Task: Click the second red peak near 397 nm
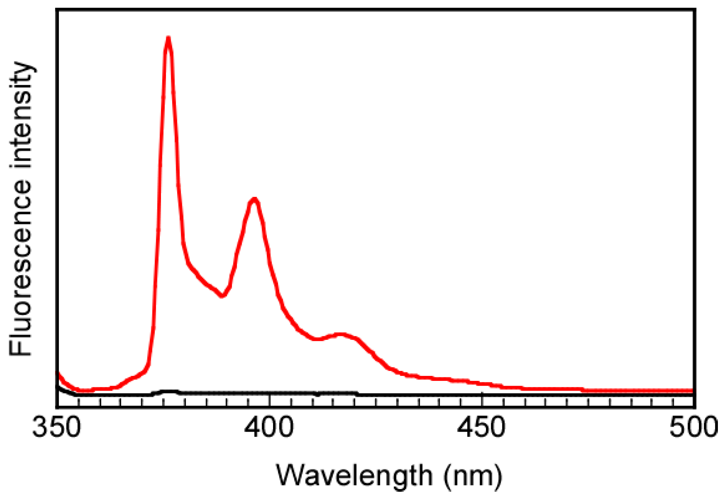click(x=254, y=200)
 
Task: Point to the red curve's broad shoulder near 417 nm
click(x=341, y=334)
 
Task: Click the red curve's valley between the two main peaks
click(x=222, y=296)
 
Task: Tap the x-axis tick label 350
click(x=57, y=427)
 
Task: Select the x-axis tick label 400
click(x=270, y=427)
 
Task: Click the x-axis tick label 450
click(x=481, y=427)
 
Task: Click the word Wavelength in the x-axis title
click(x=354, y=475)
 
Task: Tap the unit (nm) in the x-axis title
click(x=473, y=475)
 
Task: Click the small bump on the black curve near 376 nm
click(x=168, y=392)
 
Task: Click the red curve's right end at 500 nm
click(x=692, y=391)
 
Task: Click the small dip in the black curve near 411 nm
click(x=318, y=395)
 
